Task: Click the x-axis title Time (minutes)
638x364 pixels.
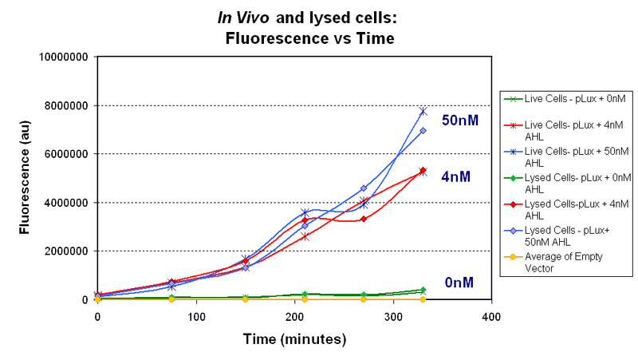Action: click(294, 339)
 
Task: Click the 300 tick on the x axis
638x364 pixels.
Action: click(392, 316)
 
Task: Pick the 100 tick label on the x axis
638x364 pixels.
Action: click(195, 316)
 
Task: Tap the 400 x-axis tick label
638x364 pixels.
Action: click(491, 316)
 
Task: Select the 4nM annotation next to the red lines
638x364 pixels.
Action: click(458, 177)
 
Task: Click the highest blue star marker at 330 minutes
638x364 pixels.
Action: click(423, 111)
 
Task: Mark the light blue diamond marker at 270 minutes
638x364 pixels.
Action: click(364, 188)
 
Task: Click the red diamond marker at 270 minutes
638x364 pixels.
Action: click(364, 219)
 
